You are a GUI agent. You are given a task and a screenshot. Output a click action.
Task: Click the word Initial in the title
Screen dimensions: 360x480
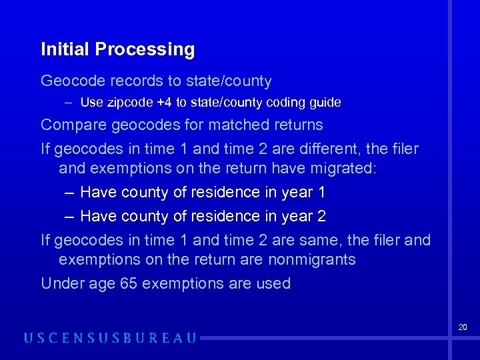click(65, 49)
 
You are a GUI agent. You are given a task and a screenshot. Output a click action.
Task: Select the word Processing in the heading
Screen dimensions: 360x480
click(145, 50)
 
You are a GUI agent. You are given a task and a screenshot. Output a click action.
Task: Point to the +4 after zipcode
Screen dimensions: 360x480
click(164, 103)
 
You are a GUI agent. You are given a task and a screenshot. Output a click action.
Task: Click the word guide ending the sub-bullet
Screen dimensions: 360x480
click(325, 103)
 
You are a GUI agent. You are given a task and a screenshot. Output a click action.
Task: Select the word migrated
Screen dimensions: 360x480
click(338, 168)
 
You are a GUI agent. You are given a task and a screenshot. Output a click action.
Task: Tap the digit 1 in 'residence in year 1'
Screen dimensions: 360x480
click(321, 193)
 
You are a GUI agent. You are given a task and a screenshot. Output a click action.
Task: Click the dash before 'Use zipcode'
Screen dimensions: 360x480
click(69, 103)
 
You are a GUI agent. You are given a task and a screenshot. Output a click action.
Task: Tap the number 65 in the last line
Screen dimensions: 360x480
click(129, 283)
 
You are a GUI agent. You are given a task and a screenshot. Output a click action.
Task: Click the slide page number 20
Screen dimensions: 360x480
click(463, 327)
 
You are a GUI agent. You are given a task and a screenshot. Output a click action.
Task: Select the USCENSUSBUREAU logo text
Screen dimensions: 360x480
click(111, 338)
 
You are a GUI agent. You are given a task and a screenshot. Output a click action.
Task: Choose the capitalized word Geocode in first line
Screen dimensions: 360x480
click(71, 81)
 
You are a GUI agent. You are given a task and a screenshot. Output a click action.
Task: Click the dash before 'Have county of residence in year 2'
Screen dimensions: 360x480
click(69, 217)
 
